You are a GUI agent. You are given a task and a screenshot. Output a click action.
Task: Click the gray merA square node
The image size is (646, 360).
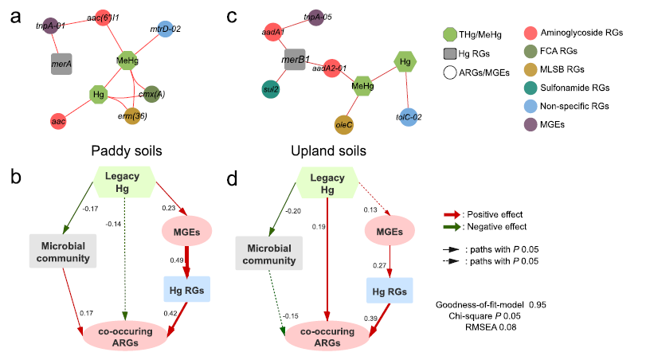coord(62,65)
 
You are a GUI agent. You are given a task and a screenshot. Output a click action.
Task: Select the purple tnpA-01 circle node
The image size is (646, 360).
coord(51,25)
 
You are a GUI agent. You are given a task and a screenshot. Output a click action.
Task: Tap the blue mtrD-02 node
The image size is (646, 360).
coord(164,30)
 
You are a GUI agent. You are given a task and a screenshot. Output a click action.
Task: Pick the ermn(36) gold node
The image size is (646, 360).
coord(131,117)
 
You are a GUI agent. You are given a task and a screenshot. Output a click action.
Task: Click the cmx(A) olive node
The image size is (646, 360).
coord(152,92)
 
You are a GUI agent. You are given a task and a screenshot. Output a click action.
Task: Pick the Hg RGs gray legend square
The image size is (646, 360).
coord(451,54)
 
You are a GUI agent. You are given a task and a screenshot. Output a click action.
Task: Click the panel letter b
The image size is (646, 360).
coord(16,176)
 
